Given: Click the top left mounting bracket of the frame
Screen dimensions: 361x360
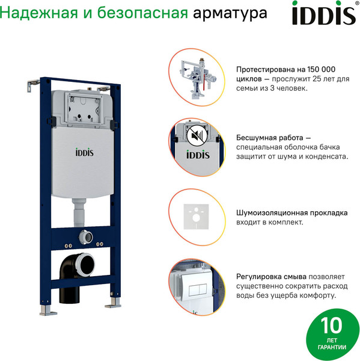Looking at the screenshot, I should tap(30, 87).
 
